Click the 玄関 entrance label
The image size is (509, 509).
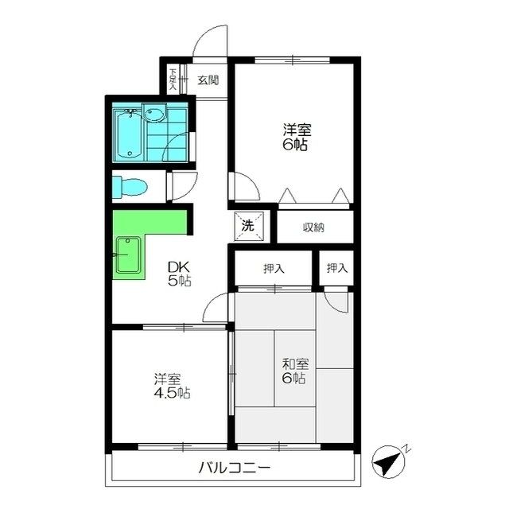[x=208, y=80]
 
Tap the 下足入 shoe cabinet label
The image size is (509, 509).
[x=173, y=79]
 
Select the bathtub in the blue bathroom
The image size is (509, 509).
[x=128, y=135]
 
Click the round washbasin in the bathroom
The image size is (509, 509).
[x=153, y=115]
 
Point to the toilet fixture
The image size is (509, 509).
[x=130, y=186]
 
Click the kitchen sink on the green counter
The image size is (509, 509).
[x=129, y=254]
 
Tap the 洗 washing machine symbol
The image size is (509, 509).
[x=249, y=226]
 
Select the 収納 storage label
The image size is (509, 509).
[x=313, y=227]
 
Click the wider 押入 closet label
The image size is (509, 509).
[x=274, y=269]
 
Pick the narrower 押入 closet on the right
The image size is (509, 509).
[x=336, y=268]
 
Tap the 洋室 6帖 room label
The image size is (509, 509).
[x=297, y=137]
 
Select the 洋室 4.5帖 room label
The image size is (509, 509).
[x=172, y=386]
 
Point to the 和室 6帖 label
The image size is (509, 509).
[x=295, y=371]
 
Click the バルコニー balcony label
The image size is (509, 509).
[x=235, y=468]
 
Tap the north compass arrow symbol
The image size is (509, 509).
[x=388, y=462]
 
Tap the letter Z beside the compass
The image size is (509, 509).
[x=407, y=449]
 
